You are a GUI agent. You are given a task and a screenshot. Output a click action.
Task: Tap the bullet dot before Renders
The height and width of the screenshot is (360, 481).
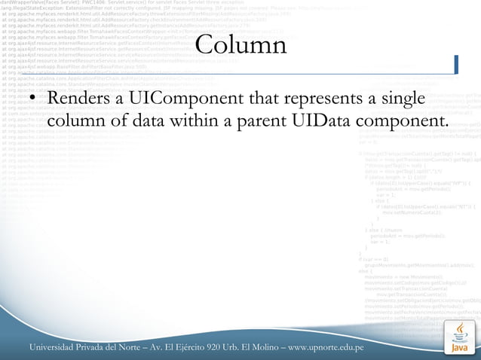point(33,100)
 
